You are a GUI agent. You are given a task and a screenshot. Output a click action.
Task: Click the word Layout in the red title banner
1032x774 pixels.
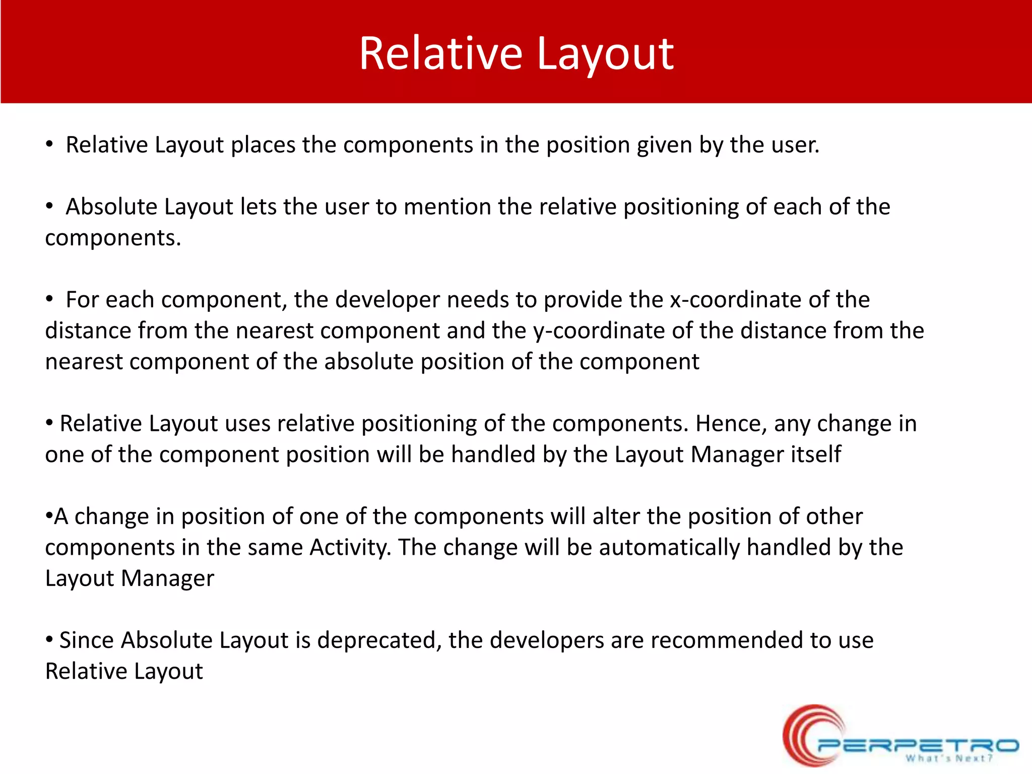(605, 54)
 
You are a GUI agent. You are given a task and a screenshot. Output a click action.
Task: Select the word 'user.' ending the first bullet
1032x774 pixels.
(795, 145)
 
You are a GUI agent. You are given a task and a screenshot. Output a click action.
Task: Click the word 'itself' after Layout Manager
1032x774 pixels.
(816, 455)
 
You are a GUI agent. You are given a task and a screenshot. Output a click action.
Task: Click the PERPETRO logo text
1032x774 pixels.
(917, 745)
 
